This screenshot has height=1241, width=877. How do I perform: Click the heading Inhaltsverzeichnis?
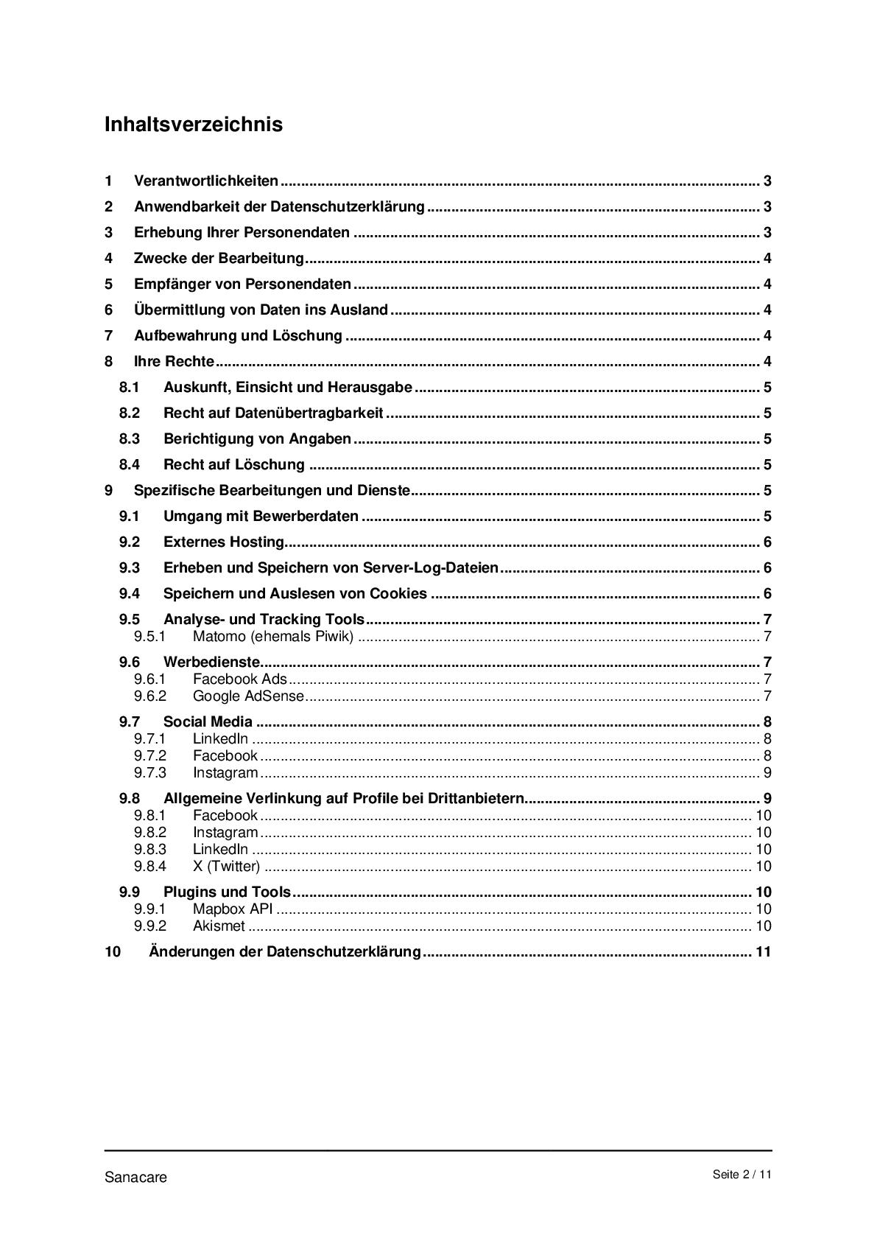click(193, 124)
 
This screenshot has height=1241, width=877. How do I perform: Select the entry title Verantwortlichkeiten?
click(206, 181)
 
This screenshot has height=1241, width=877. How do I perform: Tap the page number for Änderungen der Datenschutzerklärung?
click(763, 951)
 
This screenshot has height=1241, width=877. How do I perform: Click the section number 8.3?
click(130, 439)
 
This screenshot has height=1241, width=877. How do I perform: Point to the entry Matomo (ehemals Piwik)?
click(272, 637)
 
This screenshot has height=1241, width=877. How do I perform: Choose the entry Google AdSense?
click(247, 696)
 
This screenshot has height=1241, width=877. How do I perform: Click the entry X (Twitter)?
click(226, 867)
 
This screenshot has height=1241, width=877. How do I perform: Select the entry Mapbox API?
click(233, 909)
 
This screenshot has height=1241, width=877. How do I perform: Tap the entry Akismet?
click(219, 926)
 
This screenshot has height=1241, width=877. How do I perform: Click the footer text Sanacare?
click(135, 1177)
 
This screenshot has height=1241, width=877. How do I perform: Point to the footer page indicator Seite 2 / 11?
click(742, 1175)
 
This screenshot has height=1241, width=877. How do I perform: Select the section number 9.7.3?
click(150, 773)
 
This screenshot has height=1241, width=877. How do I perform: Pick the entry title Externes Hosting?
click(224, 542)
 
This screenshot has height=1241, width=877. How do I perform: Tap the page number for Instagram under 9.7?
click(767, 773)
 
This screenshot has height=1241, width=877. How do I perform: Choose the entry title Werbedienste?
click(211, 662)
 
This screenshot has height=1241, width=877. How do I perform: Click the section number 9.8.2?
click(150, 833)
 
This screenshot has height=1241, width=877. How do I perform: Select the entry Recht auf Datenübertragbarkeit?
click(273, 413)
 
